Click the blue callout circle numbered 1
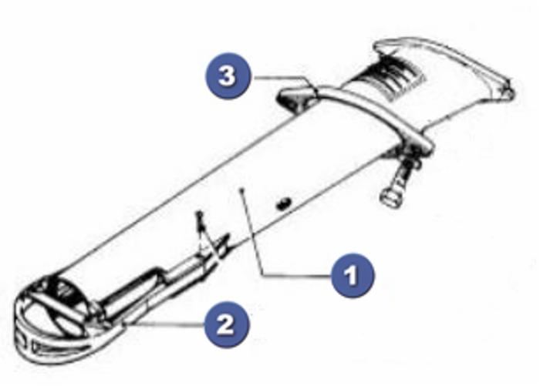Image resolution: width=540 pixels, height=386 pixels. point(353,276)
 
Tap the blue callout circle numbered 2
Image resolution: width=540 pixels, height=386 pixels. point(226,324)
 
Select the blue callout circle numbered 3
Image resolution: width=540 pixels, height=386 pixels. point(227,76)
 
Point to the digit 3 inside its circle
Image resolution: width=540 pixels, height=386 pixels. point(227,76)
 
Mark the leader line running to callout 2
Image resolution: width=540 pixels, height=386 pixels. point(165,324)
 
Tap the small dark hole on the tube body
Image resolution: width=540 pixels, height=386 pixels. point(283,203)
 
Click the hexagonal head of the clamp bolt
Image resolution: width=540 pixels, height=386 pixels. point(389,199)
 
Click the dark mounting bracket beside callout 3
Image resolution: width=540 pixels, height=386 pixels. point(297,97)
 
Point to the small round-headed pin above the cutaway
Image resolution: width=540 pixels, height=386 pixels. point(199,216)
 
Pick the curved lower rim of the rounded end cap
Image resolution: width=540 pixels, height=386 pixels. point(55,354)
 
